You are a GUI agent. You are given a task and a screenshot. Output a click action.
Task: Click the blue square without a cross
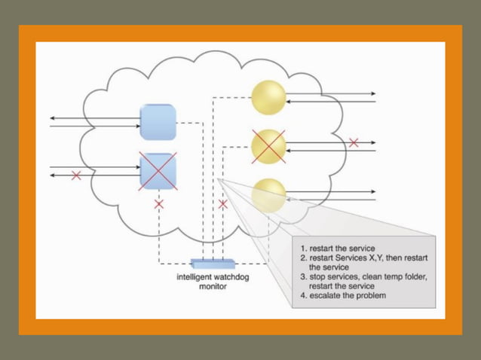coord(158,121)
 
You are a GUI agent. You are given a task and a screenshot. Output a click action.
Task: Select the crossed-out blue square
coord(158,170)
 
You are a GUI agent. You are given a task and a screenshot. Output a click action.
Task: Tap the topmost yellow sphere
coord(268,97)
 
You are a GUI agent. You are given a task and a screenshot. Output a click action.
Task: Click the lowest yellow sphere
coord(268,195)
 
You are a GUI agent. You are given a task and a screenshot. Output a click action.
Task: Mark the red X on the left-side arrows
coord(75,175)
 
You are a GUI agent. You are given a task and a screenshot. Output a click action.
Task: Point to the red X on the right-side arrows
coord(353,142)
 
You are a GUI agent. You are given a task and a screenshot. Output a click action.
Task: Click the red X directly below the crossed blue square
coord(158,204)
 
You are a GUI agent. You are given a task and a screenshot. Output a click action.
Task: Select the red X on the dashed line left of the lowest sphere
coord(222,204)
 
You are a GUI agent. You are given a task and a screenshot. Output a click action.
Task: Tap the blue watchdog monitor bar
coord(213,263)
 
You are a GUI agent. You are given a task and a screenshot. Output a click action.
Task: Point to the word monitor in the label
coord(213,287)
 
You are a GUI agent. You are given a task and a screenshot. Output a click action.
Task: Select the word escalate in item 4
coord(326,295)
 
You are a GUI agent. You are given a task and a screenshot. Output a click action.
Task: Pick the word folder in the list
coord(413,276)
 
